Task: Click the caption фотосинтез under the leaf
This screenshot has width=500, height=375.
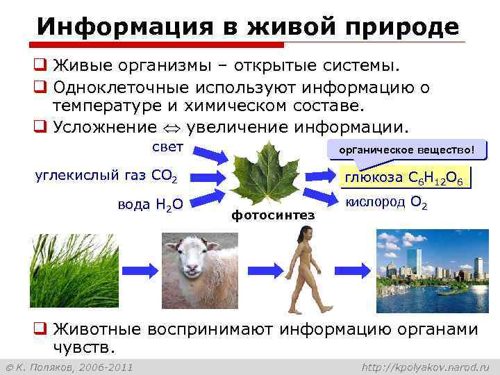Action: [x=273, y=215]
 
